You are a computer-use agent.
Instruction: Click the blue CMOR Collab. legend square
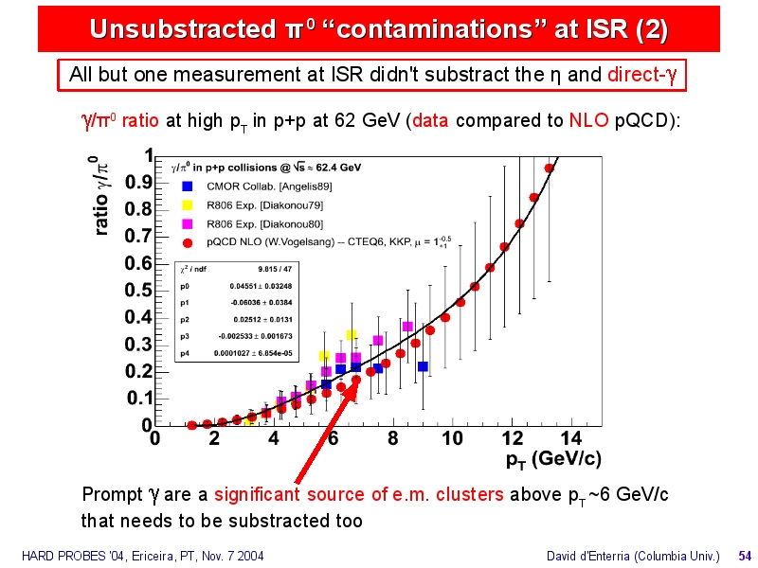pyautogui.click(x=189, y=186)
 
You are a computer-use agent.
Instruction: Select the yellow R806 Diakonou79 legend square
pyautogui.click(x=189, y=204)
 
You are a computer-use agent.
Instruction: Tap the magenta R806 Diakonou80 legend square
pyautogui.click(x=189, y=223)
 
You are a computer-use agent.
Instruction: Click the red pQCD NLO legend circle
pyautogui.click(x=189, y=241)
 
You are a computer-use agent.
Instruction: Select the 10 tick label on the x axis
pyautogui.click(x=452, y=438)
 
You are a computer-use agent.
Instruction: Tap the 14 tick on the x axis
pyautogui.click(x=571, y=427)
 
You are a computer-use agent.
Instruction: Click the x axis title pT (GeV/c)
pyautogui.click(x=553, y=460)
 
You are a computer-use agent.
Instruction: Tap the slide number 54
pyautogui.click(x=745, y=555)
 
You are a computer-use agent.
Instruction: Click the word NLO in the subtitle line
pyautogui.click(x=583, y=122)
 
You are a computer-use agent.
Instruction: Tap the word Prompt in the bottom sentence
pyautogui.click(x=112, y=495)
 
